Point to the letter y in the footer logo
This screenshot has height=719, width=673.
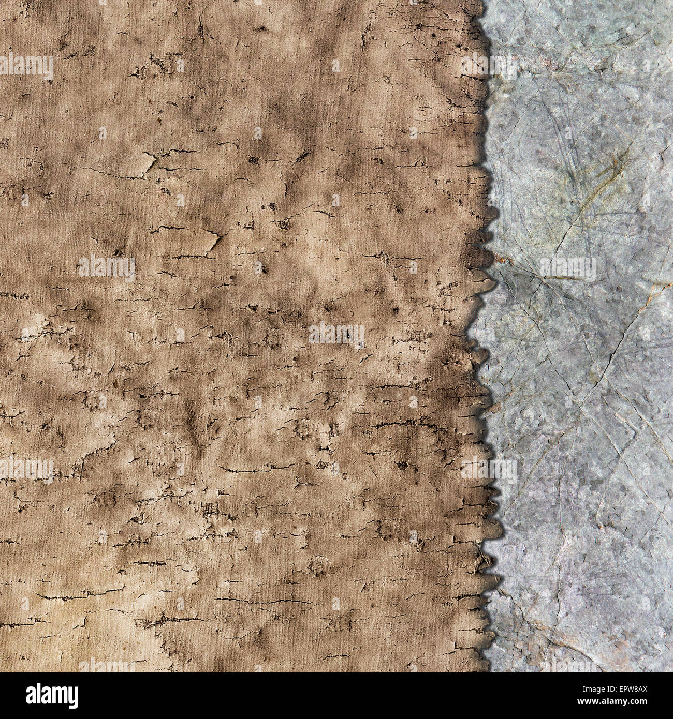(72, 696)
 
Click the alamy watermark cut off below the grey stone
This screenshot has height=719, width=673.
(567, 665)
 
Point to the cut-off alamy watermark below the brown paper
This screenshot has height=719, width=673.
(106, 665)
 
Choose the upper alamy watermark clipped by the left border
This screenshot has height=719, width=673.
(26, 67)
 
